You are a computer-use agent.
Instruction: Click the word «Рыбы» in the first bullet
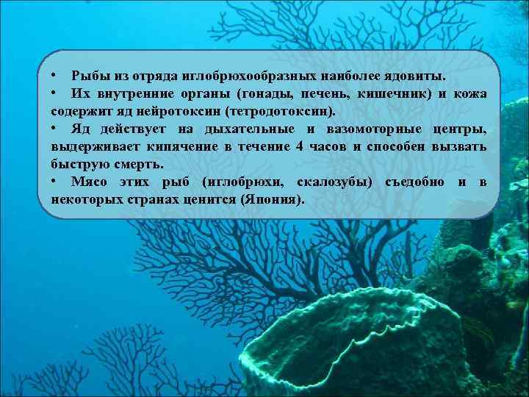(x=89, y=76)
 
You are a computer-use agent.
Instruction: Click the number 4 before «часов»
(x=298, y=148)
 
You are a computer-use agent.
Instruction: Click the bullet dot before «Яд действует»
(x=56, y=130)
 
